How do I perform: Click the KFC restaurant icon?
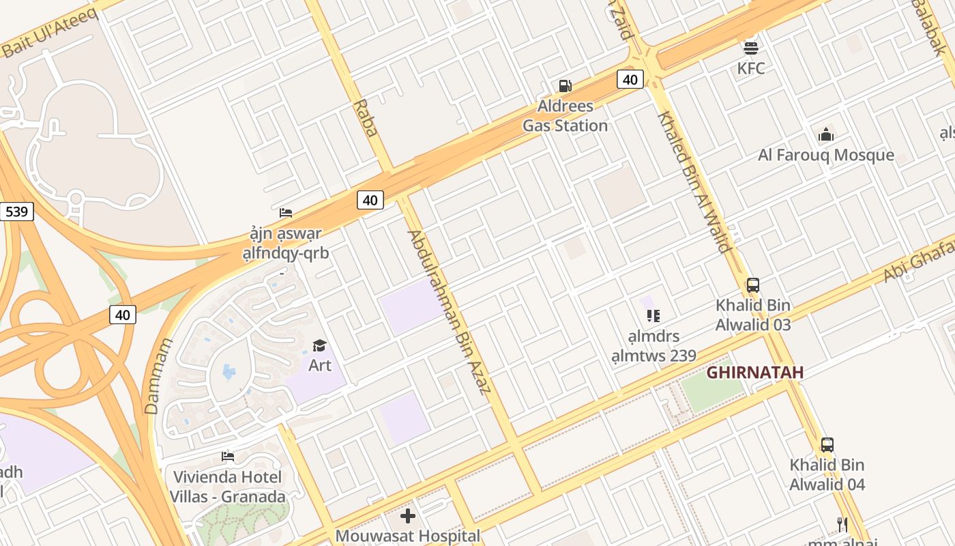[x=751, y=48]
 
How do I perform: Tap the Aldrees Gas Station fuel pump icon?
[x=565, y=86]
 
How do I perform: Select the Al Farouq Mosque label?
[x=826, y=155]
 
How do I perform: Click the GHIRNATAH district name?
[x=754, y=373]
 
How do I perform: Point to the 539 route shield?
[x=16, y=212]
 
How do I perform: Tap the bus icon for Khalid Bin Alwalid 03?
[x=753, y=285]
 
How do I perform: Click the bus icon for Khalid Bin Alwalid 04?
[x=827, y=445]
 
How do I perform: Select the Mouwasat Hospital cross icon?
[x=408, y=516]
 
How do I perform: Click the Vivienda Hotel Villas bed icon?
[x=228, y=456]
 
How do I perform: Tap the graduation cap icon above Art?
[x=319, y=345]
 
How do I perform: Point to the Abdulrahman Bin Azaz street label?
[x=449, y=312]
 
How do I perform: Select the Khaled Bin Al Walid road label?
[x=693, y=181]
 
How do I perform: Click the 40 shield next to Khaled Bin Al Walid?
[x=630, y=80]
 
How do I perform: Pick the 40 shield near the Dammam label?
[x=123, y=315]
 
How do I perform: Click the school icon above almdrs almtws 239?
[x=653, y=316]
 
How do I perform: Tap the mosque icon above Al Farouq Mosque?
[x=826, y=134]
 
